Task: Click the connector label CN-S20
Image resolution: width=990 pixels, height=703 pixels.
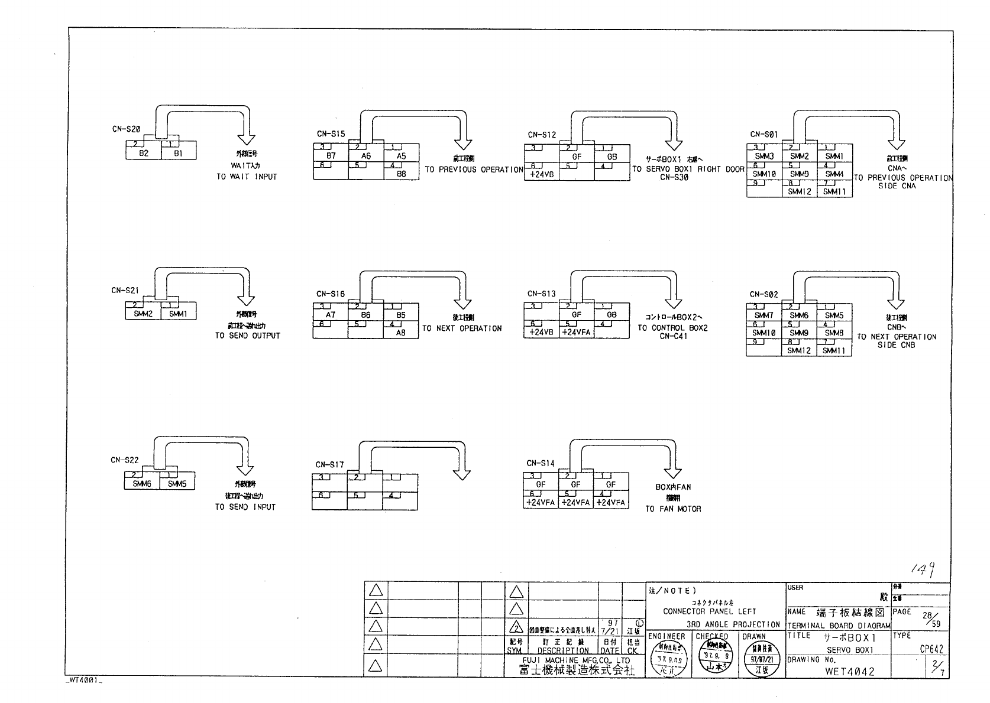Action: click(126, 129)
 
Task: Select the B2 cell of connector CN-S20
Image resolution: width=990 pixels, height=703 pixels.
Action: click(144, 154)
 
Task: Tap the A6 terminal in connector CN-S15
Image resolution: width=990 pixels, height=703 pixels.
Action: click(366, 157)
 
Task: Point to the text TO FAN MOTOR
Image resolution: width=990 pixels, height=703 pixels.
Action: click(673, 509)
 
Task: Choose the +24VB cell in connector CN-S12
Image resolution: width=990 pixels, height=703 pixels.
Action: click(542, 175)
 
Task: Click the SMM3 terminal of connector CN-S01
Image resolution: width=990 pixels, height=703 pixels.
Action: click(764, 157)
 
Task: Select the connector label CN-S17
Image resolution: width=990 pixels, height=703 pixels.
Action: click(329, 465)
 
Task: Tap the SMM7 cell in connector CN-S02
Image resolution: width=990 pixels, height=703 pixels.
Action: click(763, 316)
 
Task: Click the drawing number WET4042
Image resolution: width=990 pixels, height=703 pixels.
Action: click(849, 672)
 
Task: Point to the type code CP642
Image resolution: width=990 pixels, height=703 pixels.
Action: click(931, 649)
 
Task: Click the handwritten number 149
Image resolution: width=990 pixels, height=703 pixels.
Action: click(923, 568)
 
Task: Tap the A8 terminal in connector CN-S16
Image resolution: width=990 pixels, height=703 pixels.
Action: click(401, 333)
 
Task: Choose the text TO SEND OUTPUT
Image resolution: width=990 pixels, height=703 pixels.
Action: click(247, 336)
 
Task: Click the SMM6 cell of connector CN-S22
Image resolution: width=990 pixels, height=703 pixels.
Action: click(142, 484)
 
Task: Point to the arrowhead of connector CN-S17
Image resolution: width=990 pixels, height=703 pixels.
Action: click(461, 474)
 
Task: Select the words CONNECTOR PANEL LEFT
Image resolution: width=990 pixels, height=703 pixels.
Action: click(709, 611)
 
